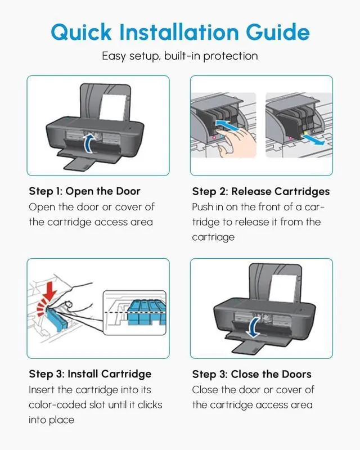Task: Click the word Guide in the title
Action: pyautogui.click(x=278, y=31)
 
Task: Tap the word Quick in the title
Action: pyautogui.click(x=81, y=32)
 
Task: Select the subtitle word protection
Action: pyautogui.click(x=231, y=56)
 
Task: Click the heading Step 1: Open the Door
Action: pyautogui.click(x=85, y=191)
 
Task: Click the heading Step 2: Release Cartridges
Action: pyautogui.click(x=261, y=191)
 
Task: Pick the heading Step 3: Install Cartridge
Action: pyautogui.click(x=90, y=374)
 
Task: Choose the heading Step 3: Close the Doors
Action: pyautogui.click(x=252, y=374)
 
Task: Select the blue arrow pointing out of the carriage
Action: pyautogui.click(x=313, y=139)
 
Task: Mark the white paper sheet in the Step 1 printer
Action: pyautogui.click(x=113, y=107)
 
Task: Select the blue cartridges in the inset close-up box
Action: pyautogui.click(x=146, y=312)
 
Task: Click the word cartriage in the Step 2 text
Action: pyautogui.click(x=213, y=237)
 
